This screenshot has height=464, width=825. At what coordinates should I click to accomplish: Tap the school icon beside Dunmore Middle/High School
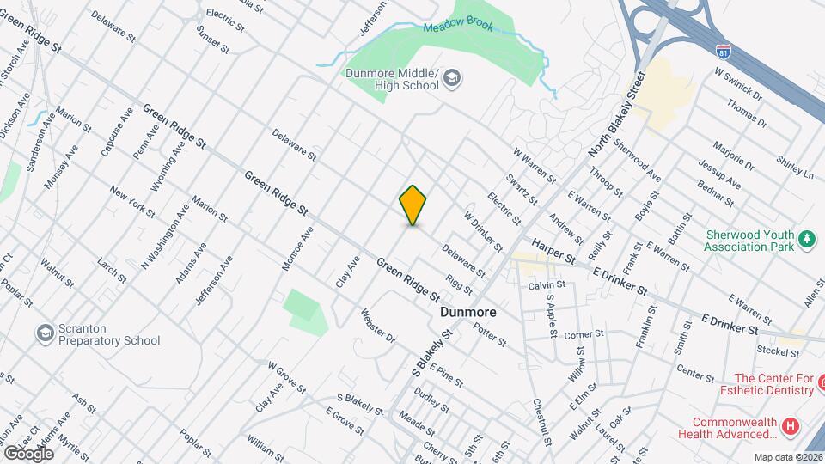(x=452, y=80)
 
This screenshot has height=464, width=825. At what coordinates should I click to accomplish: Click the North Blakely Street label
(x=615, y=114)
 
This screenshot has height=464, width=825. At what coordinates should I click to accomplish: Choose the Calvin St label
(x=546, y=285)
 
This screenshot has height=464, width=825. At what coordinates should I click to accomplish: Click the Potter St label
(x=489, y=333)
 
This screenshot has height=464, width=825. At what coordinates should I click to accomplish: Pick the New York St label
(x=132, y=201)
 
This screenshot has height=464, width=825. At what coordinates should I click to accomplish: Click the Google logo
(x=28, y=452)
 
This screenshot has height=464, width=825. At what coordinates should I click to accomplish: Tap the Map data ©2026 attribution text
(x=788, y=457)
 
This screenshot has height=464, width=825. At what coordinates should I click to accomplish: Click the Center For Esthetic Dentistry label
(x=773, y=384)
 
